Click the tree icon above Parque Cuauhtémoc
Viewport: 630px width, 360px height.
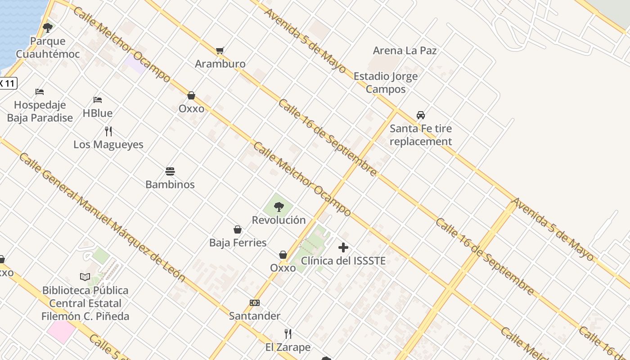pyautogui.click(x=48, y=28)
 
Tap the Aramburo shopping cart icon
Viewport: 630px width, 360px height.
pyautogui.click(x=220, y=51)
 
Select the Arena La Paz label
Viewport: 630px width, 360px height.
pyautogui.click(x=405, y=50)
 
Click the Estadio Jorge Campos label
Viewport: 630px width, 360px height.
pyautogui.click(x=386, y=82)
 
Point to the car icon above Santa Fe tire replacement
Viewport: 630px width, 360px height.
pyautogui.click(x=421, y=115)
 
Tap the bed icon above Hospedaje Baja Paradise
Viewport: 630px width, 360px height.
pyautogui.click(x=40, y=92)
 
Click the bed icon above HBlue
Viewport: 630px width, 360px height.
pyautogui.click(x=98, y=100)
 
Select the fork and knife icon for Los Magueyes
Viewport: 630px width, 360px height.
pyautogui.click(x=108, y=131)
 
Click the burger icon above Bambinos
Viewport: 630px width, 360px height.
pyautogui.click(x=170, y=171)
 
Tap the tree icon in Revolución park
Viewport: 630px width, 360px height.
pyautogui.click(x=279, y=207)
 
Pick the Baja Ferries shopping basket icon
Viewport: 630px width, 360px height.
pyautogui.click(x=238, y=230)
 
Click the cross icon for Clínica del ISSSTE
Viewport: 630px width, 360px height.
pyautogui.click(x=343, y=247)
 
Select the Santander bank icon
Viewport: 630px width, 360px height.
pyautogui.click(x=255, y=303)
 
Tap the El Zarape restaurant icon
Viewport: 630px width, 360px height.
pyautogui.click(x=288, y=334)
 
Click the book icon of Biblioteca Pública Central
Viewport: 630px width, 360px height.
pyautogui.click(x=85, y=277)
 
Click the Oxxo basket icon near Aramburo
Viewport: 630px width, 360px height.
pyautogui.click(x=191, y=96)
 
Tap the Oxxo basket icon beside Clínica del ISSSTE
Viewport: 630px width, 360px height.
pyautogui.click(x=283, y=255)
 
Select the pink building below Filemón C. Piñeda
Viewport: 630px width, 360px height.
pyautogui.click(x=61, y=330)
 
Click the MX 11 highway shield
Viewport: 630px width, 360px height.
pyautogui.click(x=8, y=83)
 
